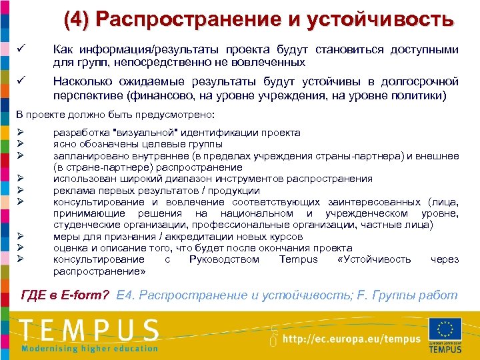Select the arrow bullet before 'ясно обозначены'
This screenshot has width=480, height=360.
pos(21,144)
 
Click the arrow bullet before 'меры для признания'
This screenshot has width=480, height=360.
pos(21,237)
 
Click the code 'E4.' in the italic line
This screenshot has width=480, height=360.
pos(125,295)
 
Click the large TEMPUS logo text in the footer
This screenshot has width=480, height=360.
pos(89,329)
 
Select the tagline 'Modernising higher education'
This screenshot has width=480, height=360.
pos(89,348)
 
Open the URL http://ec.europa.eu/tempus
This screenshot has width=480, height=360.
pos(352,338)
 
